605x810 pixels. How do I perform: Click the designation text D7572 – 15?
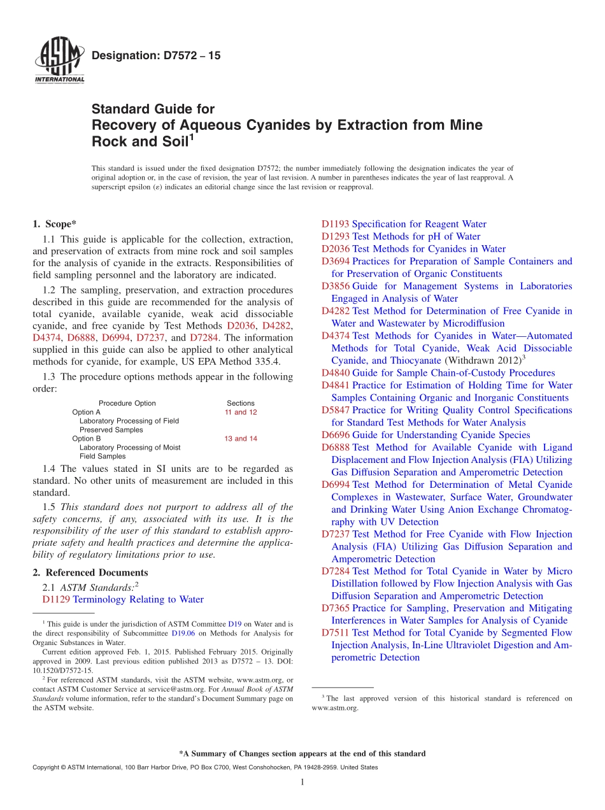(156, 56)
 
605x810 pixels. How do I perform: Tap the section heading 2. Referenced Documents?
(90, 572)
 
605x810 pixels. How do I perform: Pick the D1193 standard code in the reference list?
(335, 224)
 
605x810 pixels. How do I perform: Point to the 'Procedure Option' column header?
(127, 403)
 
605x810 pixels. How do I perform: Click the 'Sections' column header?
(240, 403)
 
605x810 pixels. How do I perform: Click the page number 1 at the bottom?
(302, 783)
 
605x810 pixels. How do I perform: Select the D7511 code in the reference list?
(335, 633)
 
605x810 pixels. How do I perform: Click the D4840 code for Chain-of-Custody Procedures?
(335, 373)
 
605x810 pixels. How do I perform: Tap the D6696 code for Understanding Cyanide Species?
(335, 435)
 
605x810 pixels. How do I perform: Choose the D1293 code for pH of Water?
(335, 236)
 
